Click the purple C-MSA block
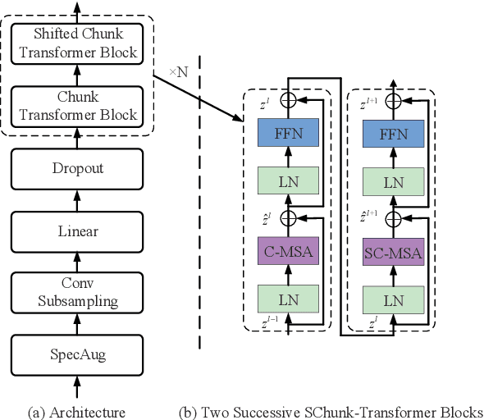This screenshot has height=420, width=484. (x=289, y=252)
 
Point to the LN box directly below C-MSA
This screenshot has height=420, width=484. (x=289, y=300)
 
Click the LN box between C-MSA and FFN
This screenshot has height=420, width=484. (x=289, y=182)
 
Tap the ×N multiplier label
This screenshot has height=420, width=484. (x=178, y=72)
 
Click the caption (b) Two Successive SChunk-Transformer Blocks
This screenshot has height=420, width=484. (x=331, y=410)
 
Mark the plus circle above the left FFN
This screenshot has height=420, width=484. (x=289, y=101)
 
